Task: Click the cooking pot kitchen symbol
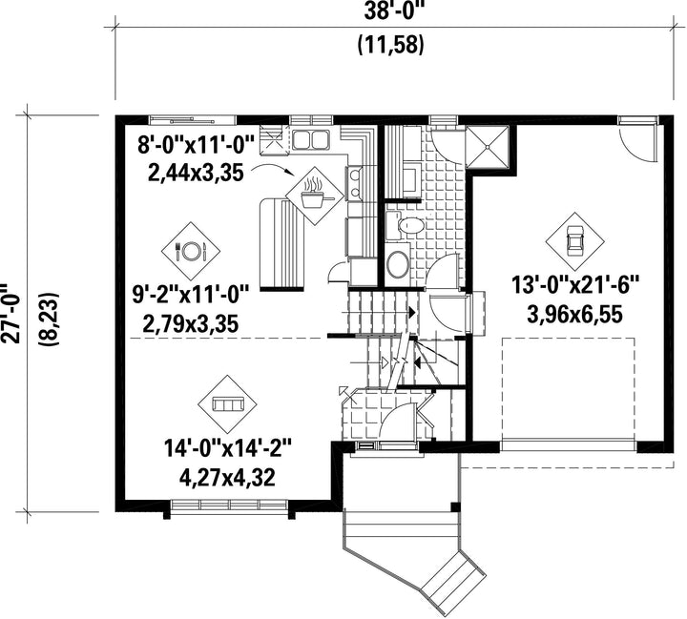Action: coord(315,196)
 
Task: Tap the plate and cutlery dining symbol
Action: coord(191,251)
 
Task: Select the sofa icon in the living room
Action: coord(227,403)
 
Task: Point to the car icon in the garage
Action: coord(574,241)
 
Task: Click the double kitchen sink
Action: coord(311,140)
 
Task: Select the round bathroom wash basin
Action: coord(398,264)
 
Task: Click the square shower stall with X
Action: coord(488,147)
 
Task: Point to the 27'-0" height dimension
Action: coord(10,312)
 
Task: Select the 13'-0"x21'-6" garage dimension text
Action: coord(576,286)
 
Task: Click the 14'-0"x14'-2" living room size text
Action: coord(227,450)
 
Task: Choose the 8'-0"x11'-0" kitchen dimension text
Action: coord(196,145)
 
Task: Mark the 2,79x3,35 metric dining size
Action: coord(191,324)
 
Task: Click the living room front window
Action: coord(229,506)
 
